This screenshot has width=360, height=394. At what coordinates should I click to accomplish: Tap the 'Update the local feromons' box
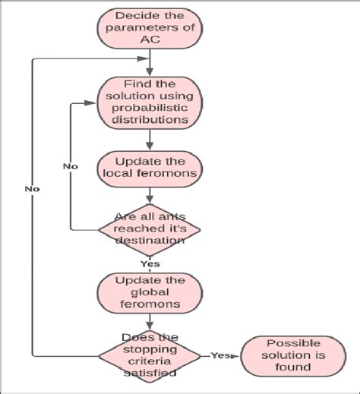(x=150, y=169)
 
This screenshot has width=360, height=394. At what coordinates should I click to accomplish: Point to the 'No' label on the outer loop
(x=32, y=188)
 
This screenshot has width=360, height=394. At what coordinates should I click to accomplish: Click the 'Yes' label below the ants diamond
(x=149, y=263)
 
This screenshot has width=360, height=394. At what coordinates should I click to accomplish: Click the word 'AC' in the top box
(x=150, y=42)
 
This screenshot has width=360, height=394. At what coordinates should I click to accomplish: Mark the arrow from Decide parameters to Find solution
(x=150, y=65)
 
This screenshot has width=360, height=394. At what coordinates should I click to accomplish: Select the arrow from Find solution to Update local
(x=150, y=138)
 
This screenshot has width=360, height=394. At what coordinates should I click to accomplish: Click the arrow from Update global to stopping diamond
(x=150, y=320)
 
